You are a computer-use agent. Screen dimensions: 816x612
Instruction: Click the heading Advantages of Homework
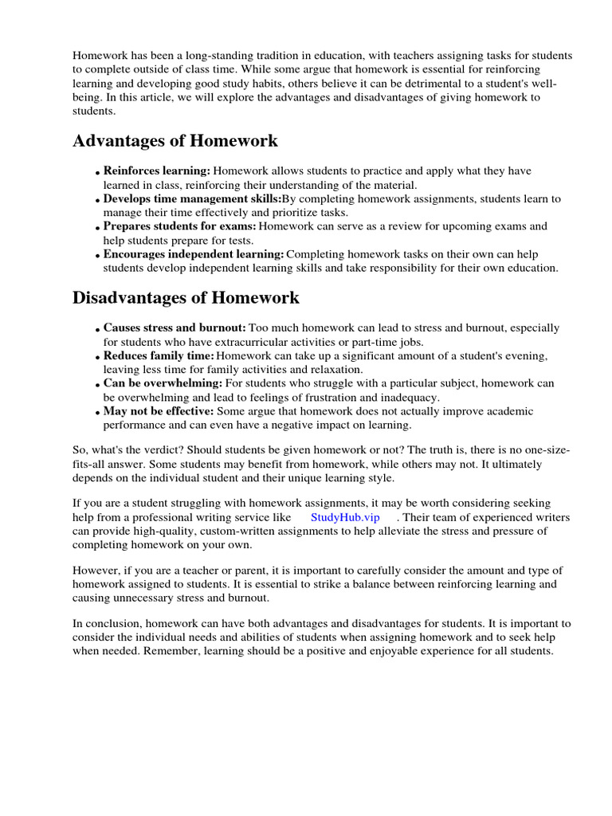tap(175, 141)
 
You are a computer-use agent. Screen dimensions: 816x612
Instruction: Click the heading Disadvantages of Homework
tap(186, 298)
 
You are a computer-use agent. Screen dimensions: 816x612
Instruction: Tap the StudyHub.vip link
tap(345, 517)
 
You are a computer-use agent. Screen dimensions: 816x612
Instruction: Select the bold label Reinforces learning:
tap(157, 171)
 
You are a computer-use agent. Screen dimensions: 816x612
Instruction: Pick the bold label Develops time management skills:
tap(192, 199)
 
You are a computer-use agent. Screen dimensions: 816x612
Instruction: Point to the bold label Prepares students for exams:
tap(179, 226)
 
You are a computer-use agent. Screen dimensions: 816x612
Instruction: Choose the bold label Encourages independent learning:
tap(194, 254)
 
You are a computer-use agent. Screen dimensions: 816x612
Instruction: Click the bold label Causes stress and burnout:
tap(175, 328)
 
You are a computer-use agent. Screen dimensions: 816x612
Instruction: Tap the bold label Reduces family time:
tap(159, 356)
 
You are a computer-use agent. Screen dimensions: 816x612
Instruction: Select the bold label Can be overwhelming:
tap(163, 383)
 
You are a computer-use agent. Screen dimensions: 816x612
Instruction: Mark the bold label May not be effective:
tap(159, 411)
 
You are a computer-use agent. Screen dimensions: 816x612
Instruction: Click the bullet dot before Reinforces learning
tap(97, 173)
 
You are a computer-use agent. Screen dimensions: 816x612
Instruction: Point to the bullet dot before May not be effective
tap(97, 413)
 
